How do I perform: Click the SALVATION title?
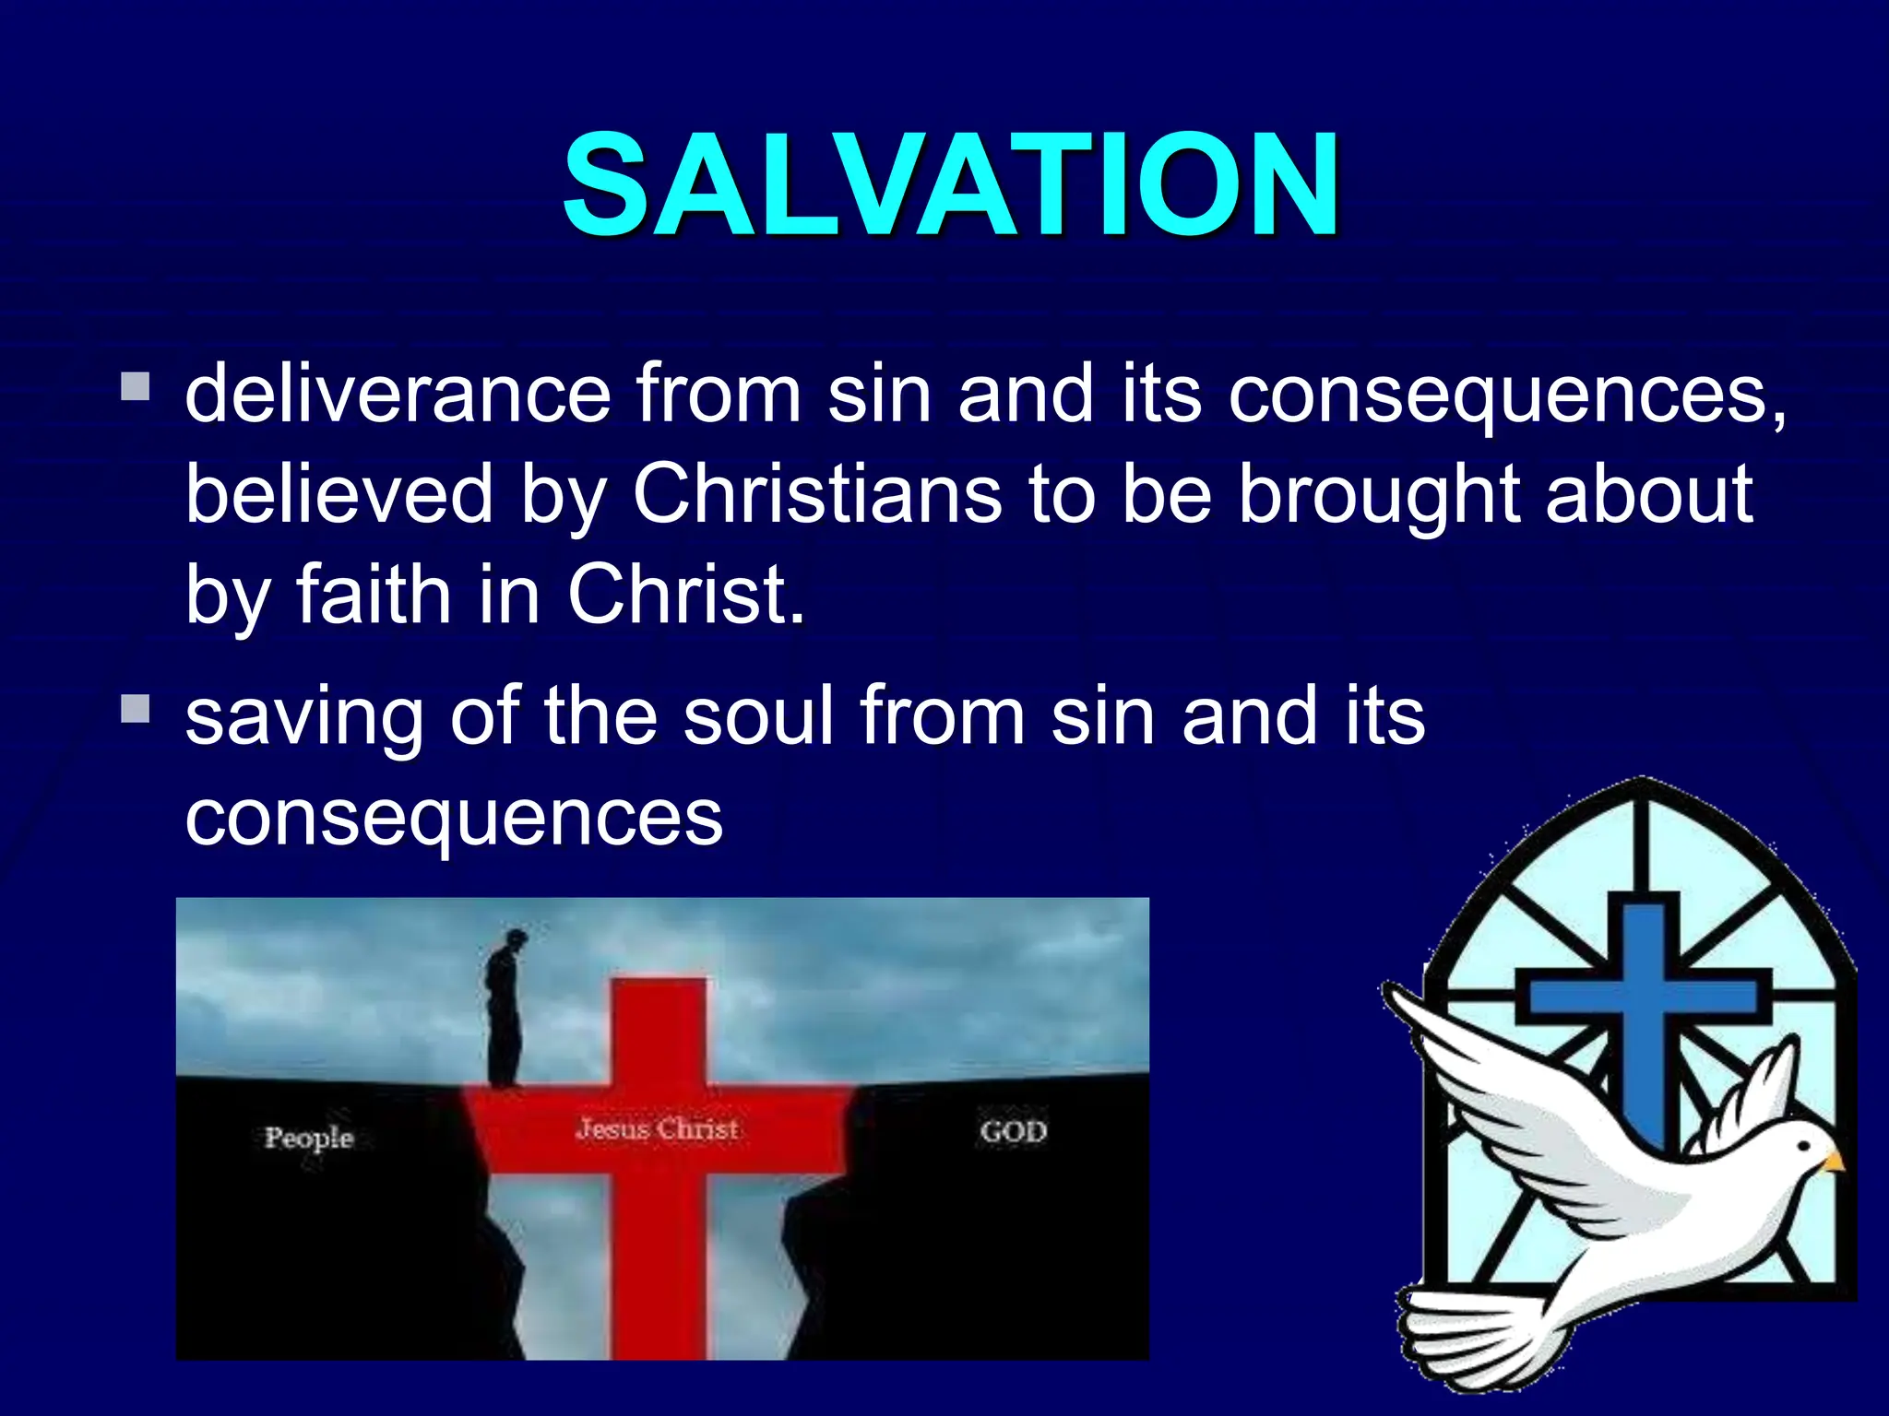pos(950,184)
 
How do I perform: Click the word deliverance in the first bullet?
pos(398,395)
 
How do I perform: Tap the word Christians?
pos(816,494)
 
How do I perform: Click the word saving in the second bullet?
pos(303,717)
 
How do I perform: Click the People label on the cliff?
pos(309,1138)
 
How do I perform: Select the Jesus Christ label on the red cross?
pos(657,1129)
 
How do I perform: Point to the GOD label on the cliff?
pos(1014,1131)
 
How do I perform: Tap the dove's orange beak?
pos(1834,1162)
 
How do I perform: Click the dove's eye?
pos(1806,1150)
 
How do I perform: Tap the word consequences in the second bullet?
pos(454,817)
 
